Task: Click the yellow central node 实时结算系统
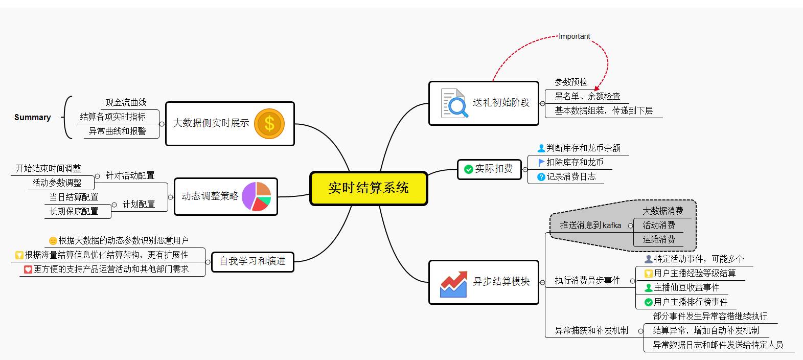point(369,188)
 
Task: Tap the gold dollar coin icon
point(269,124)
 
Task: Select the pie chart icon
point(256,196)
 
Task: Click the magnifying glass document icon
point(454,103)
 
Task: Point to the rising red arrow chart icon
point(453,284)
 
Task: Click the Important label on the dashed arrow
point(574,36)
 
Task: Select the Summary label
point(33,117)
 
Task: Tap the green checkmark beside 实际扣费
point(468,169)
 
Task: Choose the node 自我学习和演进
point(253,261)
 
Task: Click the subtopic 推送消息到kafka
point(590,225)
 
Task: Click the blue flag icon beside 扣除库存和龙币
point(541,162)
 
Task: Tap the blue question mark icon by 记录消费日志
point(541,177)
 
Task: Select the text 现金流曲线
point(126,103)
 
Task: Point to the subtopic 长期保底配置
point(74,211)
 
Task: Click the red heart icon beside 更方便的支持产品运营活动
point(28,269)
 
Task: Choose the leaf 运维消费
point(658,239)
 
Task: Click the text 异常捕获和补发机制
point(591,330)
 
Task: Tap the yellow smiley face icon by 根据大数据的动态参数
point(53,241)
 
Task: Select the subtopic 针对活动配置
point(130,175)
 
